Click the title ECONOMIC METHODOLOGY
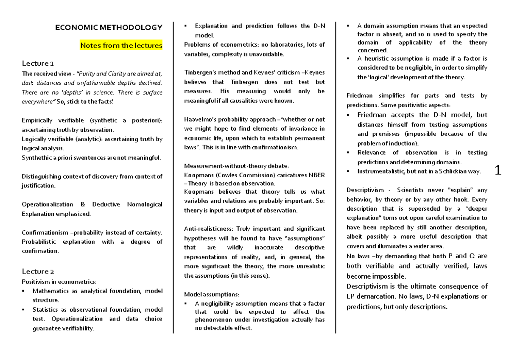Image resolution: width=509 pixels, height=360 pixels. point(109,28)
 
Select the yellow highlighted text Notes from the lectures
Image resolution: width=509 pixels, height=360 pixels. point(121,45)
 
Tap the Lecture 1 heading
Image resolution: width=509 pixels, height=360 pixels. point(38,64)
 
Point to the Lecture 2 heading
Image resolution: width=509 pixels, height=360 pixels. point(38,271)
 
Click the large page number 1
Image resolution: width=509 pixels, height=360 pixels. point(498,171)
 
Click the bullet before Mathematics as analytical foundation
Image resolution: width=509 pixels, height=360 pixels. point(24,291)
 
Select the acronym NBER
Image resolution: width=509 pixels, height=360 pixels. point(316,175)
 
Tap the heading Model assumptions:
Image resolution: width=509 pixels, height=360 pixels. point(211,294)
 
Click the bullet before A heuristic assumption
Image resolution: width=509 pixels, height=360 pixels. point(348,59)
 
